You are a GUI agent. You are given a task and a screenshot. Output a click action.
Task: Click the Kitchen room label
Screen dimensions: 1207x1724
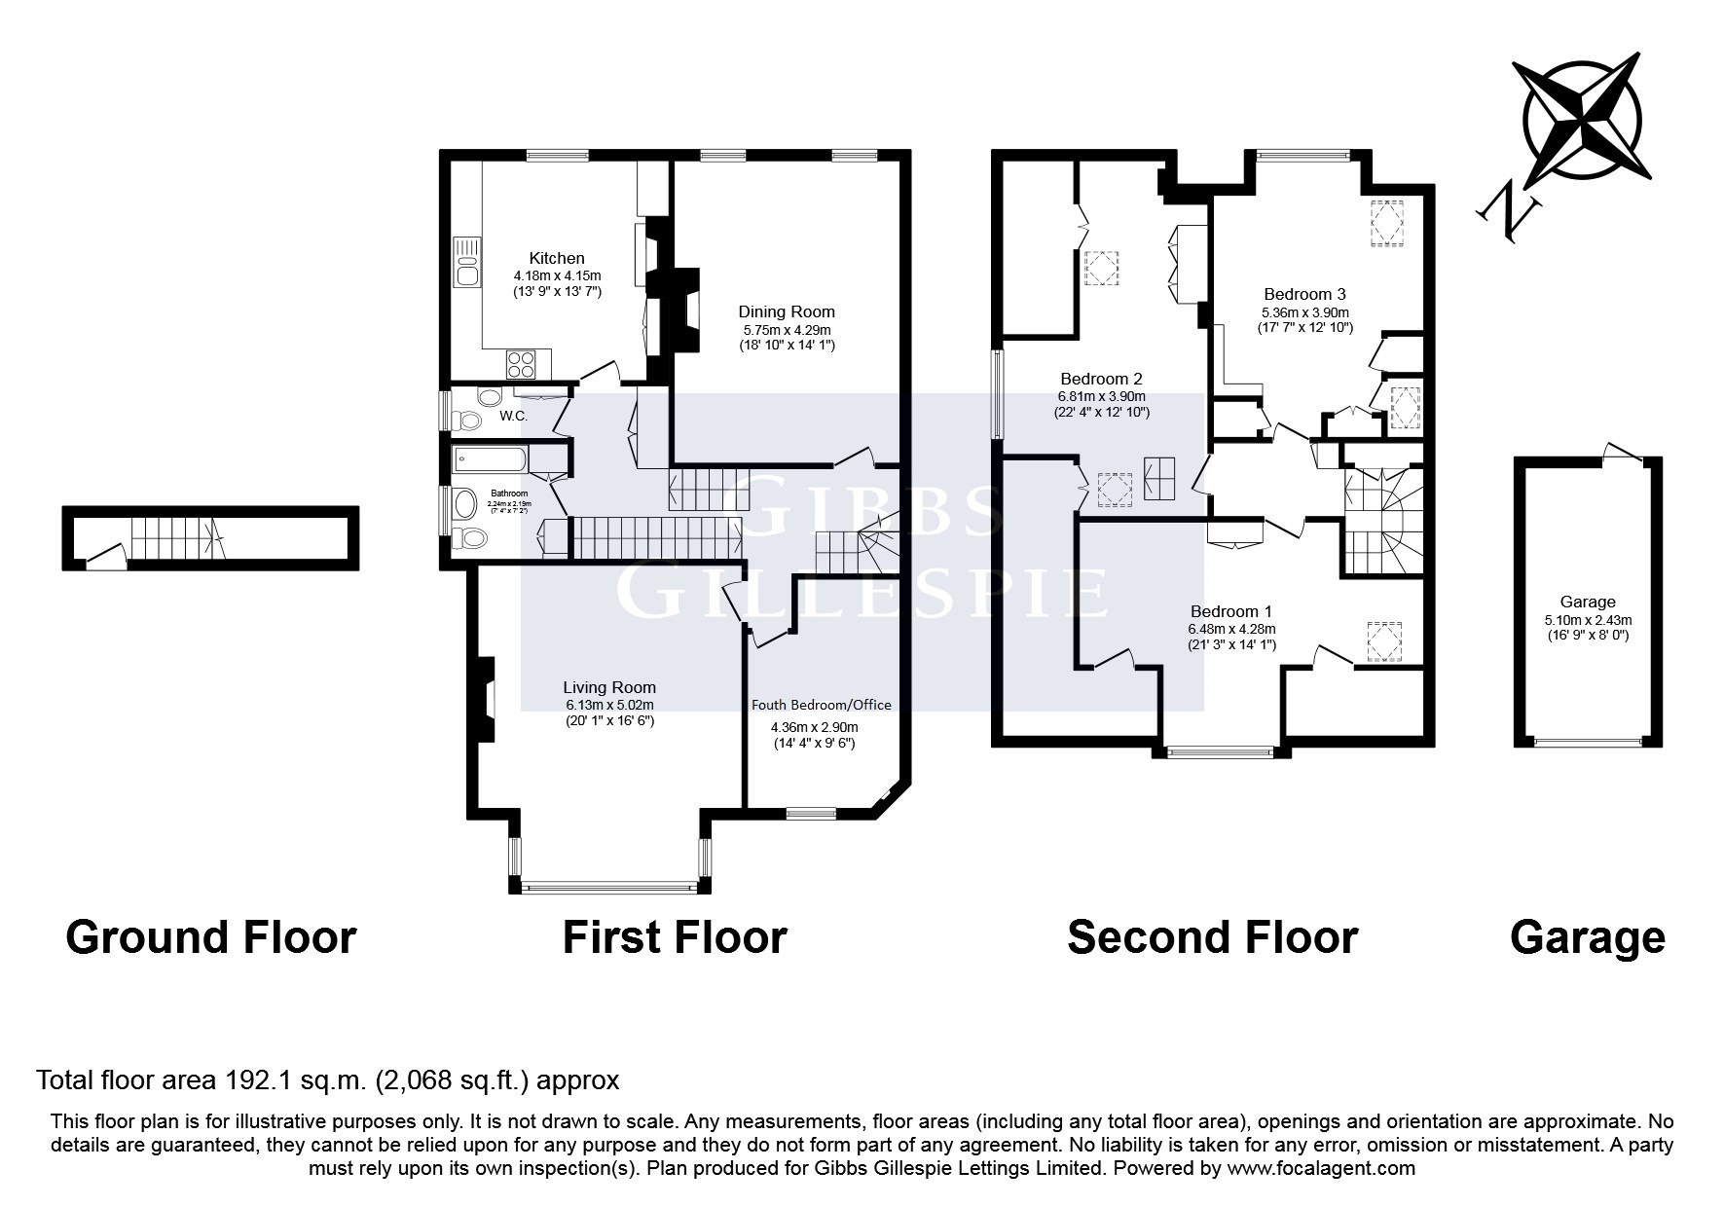[557, 258]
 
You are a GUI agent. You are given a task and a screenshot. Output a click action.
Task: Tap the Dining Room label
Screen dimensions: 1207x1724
[787, 311]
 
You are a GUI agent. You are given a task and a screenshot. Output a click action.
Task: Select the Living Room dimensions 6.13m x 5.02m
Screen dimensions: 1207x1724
[609, 705]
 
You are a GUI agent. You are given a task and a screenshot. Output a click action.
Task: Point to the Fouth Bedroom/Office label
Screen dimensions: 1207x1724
[821, 705]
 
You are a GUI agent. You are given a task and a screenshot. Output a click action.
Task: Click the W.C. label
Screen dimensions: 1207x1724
[513, 417]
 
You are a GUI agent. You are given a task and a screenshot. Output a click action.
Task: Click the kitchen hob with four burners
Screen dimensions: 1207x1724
[522, 364]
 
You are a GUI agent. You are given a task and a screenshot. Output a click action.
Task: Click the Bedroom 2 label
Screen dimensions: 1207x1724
[1101, 379]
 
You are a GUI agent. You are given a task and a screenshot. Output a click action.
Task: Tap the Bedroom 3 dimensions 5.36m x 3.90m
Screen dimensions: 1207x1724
[1304, 311]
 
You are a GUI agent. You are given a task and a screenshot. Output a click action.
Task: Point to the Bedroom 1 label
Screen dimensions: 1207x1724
[1231, 611]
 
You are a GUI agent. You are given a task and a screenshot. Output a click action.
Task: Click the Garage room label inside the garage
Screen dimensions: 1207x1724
[1588, 602]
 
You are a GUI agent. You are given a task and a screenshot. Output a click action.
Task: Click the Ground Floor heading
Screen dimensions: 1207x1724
[210, 936]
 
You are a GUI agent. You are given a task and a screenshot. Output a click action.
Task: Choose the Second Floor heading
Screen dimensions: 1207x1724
[1212, 936]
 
